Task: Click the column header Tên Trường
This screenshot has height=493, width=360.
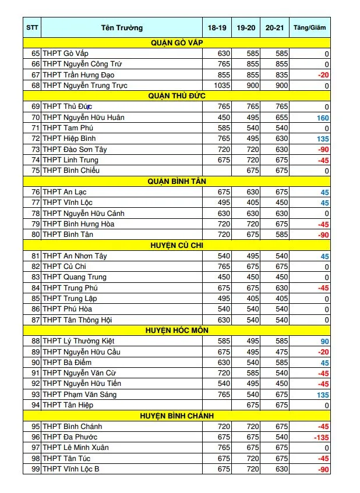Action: pyautogui.click(x=121, y=27)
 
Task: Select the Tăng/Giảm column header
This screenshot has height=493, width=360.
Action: pyautogui.click(x=310, y=27)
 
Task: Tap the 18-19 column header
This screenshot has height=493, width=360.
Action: pyautogui.click(x=217, y=27)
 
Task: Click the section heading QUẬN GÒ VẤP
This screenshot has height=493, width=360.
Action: pyautogui.click(x=177, y=42)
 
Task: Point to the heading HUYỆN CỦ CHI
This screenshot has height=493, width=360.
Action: pyautogui.click(x=177, y=245)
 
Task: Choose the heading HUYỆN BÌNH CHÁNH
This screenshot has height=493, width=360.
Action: pyautogui.click(x=177, y=416)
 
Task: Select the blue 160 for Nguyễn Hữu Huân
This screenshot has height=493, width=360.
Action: pyautogui.click(x=322, y=118)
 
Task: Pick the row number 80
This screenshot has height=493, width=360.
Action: pyautogui.click(x=36, y=235)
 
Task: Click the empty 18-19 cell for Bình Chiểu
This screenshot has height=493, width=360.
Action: pyautogui.click(x=217, y=171)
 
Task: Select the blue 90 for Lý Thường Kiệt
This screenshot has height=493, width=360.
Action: pyautogui.click(x=324, y=341)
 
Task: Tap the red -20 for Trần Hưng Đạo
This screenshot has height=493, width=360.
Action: pyautogui.click(x=323, y=75)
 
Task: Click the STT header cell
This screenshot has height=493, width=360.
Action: pyautogui.click(x=32, y=27)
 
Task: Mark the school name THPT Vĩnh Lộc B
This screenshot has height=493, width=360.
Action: pyautogui.click(x=71, y=469)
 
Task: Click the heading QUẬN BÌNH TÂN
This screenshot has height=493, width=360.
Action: pyautogui.click(x=177, y=181)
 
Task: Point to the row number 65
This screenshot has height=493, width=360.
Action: pyautogui.click(x=36, y=54)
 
